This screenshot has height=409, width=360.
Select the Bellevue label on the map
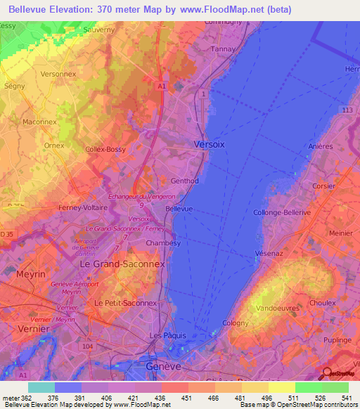pyautogui.click(x=179, y=209)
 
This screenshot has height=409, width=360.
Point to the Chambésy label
pyautogui.click(x=164, y=242)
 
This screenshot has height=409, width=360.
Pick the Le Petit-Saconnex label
pyautogui.click(x=126, y=303)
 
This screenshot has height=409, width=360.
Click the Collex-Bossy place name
pyautogui.click(x=105, y=150)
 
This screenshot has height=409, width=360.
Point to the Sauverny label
pyautogui.click(x=98, y=30)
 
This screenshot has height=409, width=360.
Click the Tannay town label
pyautogui.click(x=222, y=49)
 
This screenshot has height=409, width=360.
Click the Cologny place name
pyautogui.click(x=236, y=323)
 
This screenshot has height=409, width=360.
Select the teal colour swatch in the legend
pyautogui.click(x=41, y=387)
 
